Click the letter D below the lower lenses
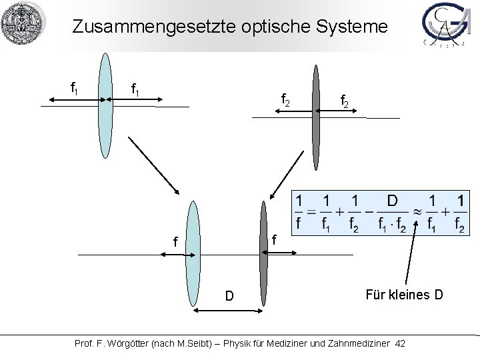[x=229, y=295]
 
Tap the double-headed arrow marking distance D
[x=227, y=311]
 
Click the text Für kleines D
[x=403, y=293]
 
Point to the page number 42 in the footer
[x=399, y=343]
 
